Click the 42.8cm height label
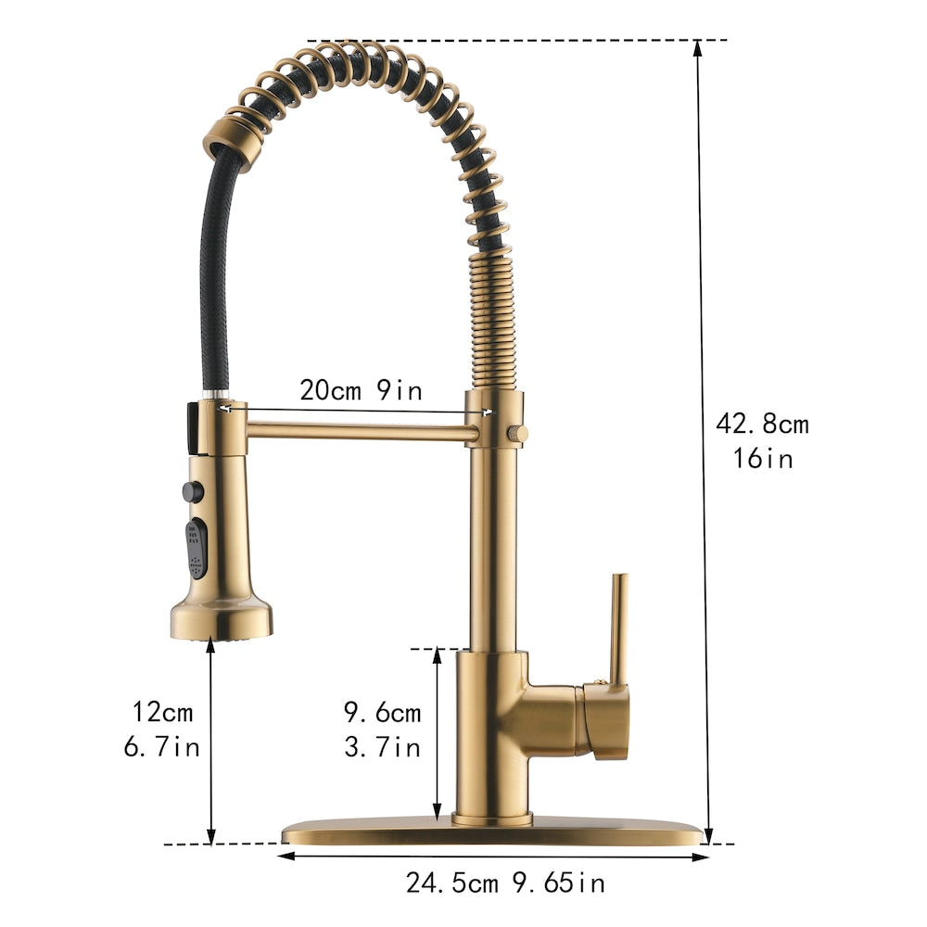(x=762, y=425)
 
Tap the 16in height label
(x=762, y=458)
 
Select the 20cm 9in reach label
(x=361, y=390)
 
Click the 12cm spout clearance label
(x=162, y=713)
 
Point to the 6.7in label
(x=162, y=746)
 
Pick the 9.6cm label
(x=383, y=713)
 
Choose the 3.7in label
(x=383, y=746)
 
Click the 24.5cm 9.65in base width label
(x=505, y=883)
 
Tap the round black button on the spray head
(x=193, y=491)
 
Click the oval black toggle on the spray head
(x=197, y=548)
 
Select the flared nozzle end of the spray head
(x=221, y=619)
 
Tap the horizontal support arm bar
(x=362, y=429)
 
